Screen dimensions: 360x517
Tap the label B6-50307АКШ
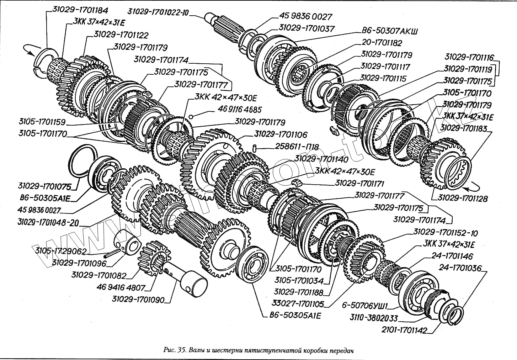pos(388,31)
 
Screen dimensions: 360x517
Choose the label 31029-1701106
pos(281,135)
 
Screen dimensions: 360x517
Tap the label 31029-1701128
pos(462,198)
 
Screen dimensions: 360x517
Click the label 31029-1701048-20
pos(48,223)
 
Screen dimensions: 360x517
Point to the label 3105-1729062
pos(60,251)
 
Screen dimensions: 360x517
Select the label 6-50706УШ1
pos(364,306)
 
